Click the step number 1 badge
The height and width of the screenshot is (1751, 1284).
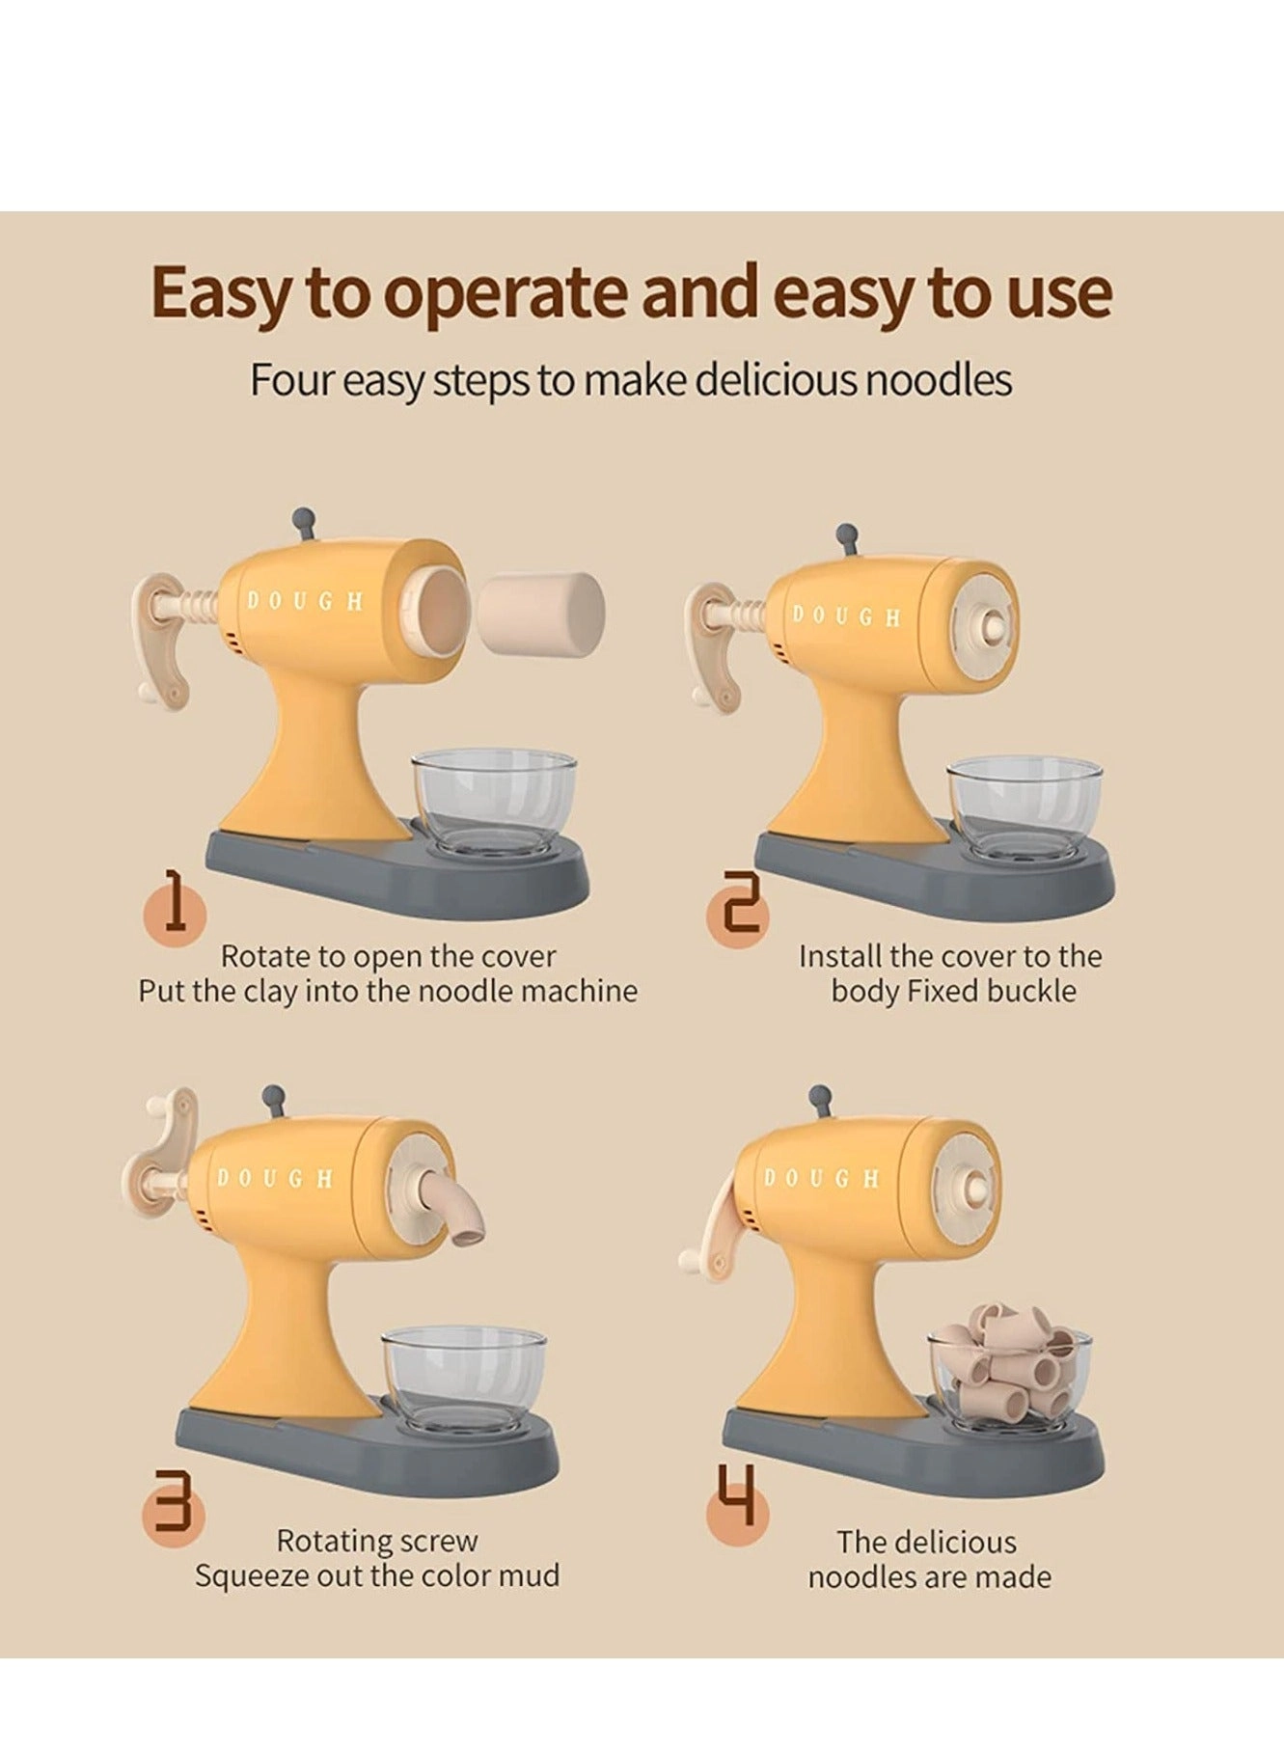click(175, 908)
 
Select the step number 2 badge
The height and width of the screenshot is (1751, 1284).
click(738, 913)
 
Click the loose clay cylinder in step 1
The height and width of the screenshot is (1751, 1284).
click(542, 612)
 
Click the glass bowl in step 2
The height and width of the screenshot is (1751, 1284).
click(1024, 807)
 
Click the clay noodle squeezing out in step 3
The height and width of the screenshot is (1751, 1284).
click(452, 1207)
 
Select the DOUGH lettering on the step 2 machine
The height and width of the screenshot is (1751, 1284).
click(846, 616)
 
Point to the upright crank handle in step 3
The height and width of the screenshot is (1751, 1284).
click(160, 1148)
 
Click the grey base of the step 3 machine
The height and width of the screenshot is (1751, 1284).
click(367, 1458)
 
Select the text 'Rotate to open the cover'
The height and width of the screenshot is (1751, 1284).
click(389, 956)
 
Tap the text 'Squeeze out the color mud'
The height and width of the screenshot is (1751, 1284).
click(377, 1575)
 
